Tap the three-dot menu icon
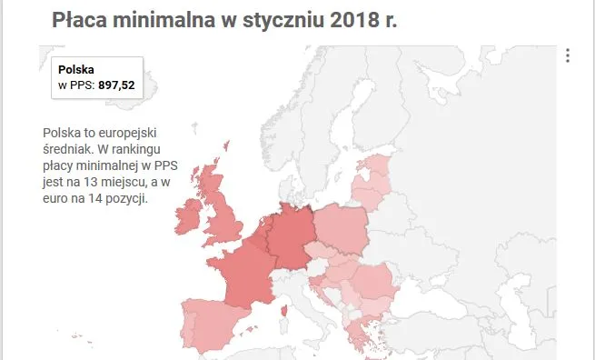point(568,55)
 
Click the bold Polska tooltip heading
point(76,69)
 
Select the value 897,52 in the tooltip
point(116,85)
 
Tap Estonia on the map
point(376,168)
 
